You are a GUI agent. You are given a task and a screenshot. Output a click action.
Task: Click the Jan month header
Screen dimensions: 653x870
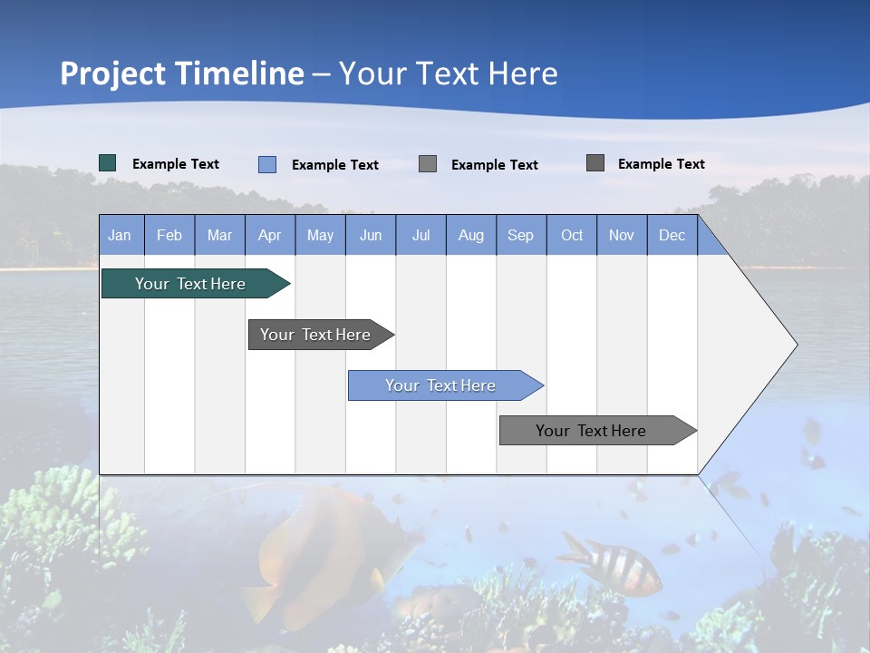(121, 235)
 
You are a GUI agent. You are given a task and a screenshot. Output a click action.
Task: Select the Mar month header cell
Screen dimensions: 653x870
(219, 235)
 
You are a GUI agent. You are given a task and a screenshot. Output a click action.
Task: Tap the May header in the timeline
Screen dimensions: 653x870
(320, 235)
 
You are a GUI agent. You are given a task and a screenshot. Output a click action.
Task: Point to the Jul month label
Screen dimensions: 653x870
(420, 235)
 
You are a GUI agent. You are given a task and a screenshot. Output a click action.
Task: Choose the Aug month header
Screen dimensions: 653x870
(470, 235)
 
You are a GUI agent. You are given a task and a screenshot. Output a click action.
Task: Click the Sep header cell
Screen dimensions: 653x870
(520, 235)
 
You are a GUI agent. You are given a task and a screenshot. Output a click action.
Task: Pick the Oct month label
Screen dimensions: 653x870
(571, 235)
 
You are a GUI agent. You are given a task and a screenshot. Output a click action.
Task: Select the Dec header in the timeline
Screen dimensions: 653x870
(672, 235)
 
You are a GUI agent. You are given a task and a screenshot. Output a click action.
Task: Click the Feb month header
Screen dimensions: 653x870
(169, 235)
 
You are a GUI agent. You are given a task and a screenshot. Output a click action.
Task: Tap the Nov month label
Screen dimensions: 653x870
(621, 235)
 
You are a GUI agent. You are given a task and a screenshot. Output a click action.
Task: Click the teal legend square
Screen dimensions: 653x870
(108, 163)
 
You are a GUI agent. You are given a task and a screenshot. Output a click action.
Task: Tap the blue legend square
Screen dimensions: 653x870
(267, 164)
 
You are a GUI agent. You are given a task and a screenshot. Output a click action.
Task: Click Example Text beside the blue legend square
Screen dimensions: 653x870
(334, 165)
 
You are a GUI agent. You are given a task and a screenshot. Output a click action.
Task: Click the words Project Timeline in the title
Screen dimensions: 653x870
(181, 73)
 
